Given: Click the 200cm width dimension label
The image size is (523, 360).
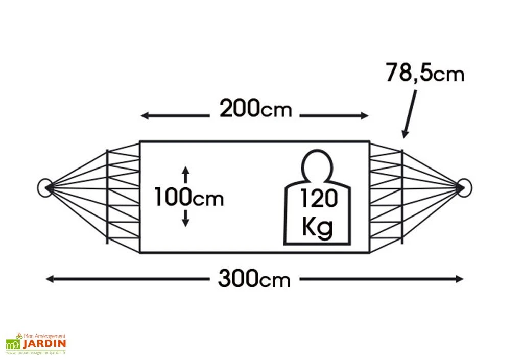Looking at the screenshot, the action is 255,108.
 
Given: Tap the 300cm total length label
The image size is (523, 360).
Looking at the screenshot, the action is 254,278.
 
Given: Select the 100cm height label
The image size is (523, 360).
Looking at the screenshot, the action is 189,197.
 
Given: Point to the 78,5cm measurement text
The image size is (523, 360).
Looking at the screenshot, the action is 425,73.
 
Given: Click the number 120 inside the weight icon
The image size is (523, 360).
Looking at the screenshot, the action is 319,198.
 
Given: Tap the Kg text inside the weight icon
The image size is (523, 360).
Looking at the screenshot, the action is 317,227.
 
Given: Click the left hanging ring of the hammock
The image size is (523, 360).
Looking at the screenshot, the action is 45,188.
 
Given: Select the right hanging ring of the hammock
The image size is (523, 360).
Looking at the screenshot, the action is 464,188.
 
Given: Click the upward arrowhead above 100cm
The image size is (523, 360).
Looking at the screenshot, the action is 186,170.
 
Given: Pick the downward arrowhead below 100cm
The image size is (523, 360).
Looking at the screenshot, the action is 186,223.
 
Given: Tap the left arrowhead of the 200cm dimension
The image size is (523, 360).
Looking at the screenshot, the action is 145,116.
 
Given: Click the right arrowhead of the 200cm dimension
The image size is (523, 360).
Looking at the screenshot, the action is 365,116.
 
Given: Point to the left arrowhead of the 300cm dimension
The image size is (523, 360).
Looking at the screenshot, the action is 50,279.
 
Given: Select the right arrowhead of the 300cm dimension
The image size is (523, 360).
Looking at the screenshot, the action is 459,279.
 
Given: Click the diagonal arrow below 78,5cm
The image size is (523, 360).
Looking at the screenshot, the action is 410,114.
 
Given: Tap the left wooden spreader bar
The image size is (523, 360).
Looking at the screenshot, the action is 107,197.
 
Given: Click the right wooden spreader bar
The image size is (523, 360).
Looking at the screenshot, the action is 402,197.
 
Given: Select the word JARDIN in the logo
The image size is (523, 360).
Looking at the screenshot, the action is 44,344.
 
